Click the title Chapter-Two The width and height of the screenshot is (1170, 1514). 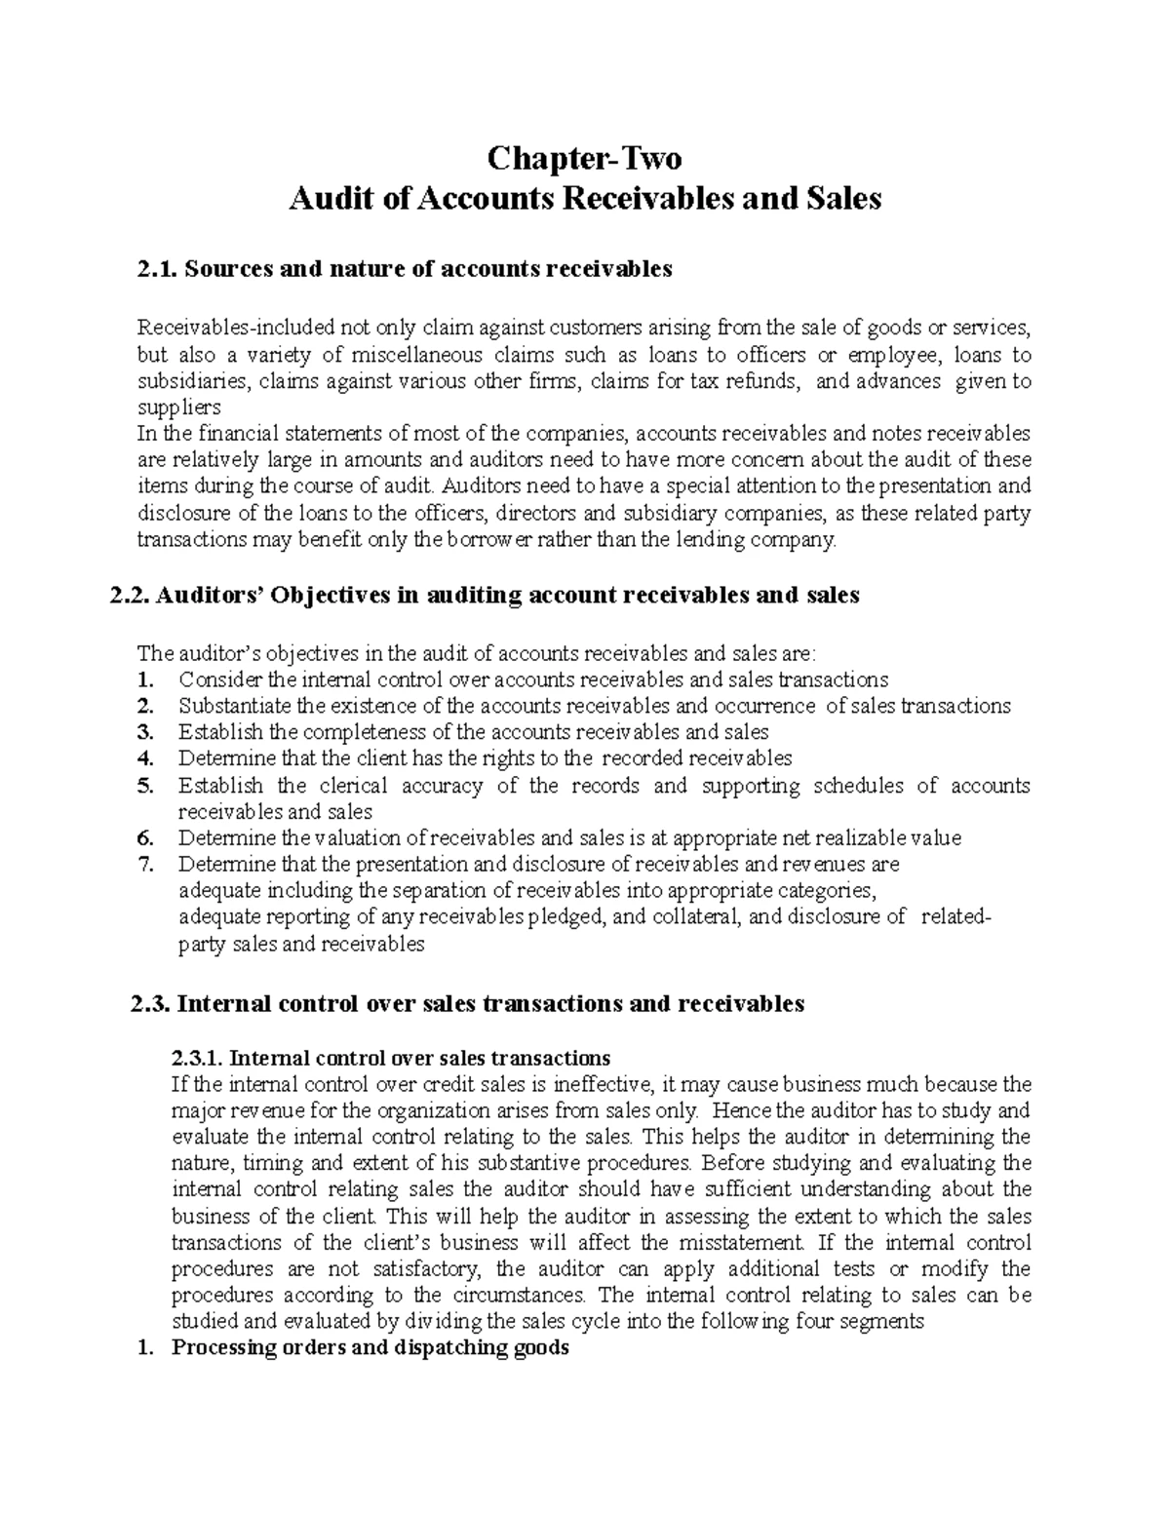584,157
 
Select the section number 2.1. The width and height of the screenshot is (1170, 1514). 157,269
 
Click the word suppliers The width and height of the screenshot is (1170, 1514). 179,407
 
